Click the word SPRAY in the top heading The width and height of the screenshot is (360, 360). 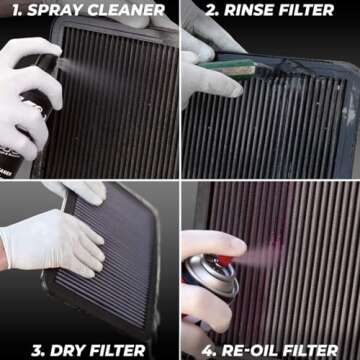(51, 12)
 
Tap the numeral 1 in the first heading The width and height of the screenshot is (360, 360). (8, 12)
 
